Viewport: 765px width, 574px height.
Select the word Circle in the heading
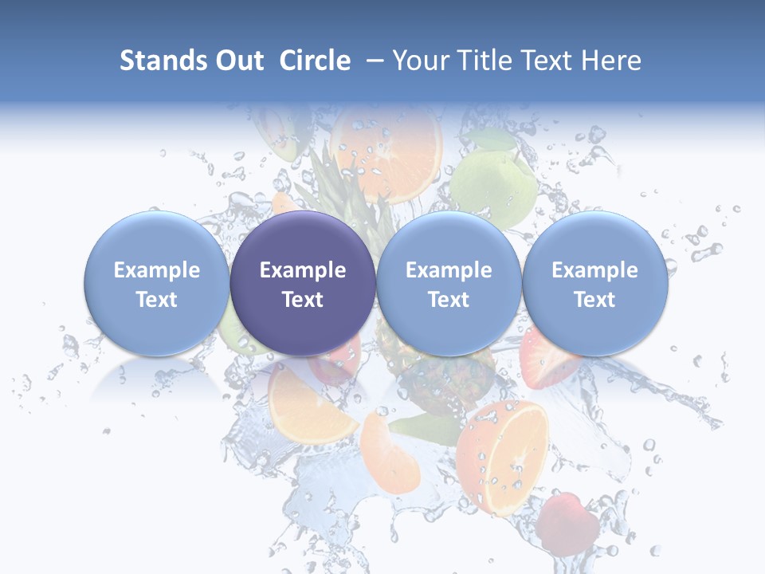point(315,61)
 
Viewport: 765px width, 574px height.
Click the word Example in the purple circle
point(303,270)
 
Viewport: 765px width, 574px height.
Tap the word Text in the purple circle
point(303,300)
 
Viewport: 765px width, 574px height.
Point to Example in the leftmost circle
point(156,270)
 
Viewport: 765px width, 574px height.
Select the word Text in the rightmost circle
point(594,300)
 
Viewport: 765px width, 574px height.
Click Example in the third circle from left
point(449,270)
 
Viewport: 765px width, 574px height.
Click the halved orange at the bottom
point(504,457)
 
